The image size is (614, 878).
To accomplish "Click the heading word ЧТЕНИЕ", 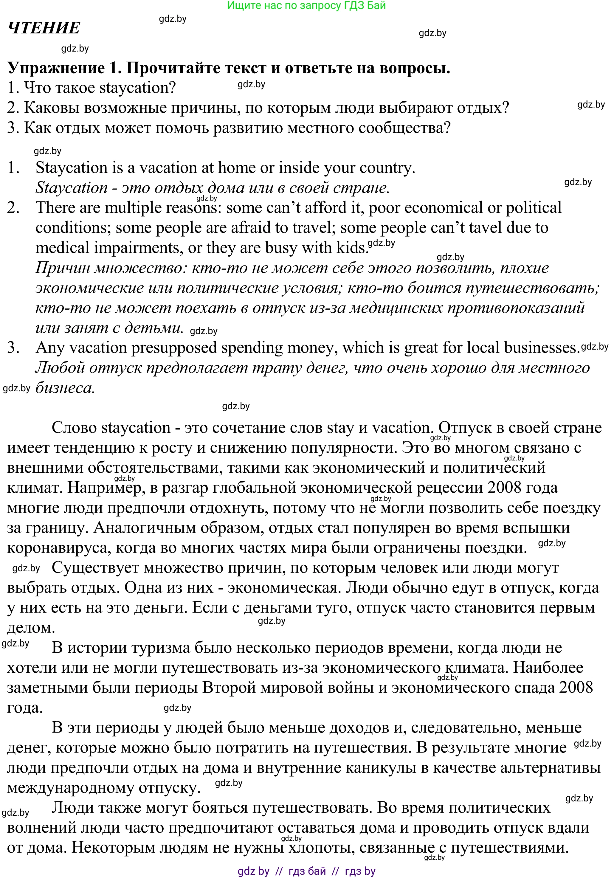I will tap(44, 28).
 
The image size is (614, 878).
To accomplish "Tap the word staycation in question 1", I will tap(134, 88).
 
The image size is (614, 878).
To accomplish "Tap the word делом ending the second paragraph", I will tap(31, 628).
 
